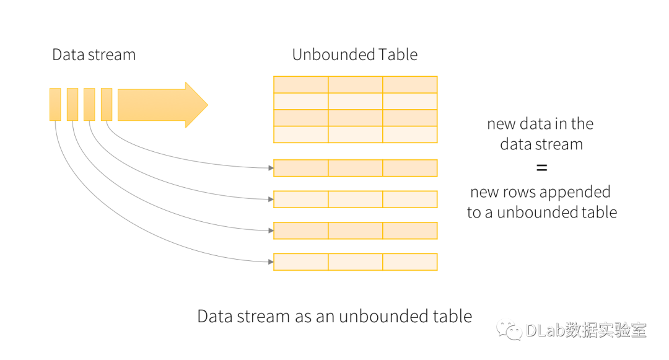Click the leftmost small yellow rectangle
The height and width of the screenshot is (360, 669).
(x=55, y=105)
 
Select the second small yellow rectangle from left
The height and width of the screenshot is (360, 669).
(x=72, y=105)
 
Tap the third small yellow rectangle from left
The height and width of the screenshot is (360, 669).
(x=89, y=105)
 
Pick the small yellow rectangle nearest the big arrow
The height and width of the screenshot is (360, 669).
(x=107, y=105)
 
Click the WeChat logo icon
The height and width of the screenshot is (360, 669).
(x=509, y=329)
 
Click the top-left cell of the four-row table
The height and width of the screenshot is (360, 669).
(x=300, y=85)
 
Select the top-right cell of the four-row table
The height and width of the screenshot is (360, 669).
(x=410, y=85)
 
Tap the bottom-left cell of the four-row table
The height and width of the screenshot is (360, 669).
(x=300, y=134)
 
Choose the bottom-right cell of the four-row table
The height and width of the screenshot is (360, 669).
(x=410, y=134)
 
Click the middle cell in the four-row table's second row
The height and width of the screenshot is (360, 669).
(x=355, y=101)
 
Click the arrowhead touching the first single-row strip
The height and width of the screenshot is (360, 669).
(x=270, y=168)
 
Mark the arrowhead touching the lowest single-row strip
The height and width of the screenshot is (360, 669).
(x=270, y=262)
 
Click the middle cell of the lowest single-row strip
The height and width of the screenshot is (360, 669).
(x=355, y=262)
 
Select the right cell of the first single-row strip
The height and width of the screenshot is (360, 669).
(x=410, y=168)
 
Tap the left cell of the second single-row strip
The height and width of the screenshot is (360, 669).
(x=300, y=199)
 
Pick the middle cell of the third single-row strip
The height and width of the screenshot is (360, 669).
(x=355, y=230)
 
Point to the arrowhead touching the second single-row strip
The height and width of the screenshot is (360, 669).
(x=270, y=199)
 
